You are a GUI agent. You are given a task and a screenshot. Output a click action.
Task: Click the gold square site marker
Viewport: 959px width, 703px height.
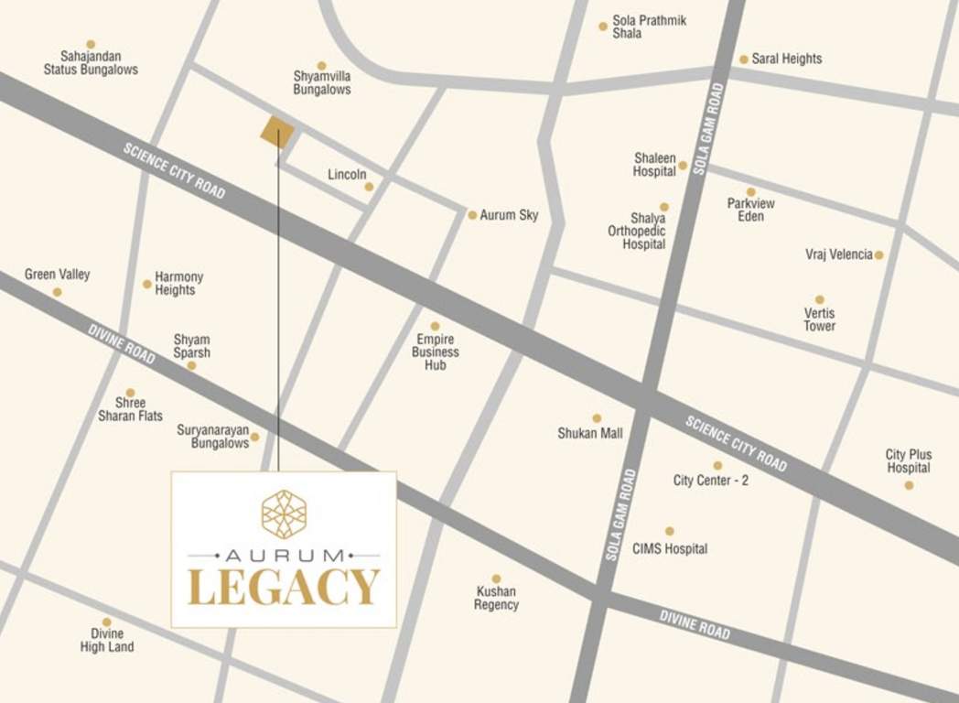coord(277,133)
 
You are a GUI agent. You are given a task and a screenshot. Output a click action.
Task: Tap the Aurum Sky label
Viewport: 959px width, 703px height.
coord(509,215)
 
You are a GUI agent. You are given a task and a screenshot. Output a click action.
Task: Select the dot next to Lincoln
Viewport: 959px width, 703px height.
coord(369,187)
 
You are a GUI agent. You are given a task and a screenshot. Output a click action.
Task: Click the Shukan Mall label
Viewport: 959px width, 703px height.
coord(590,433)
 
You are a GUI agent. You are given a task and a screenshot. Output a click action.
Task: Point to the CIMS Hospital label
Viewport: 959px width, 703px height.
coord(670,549)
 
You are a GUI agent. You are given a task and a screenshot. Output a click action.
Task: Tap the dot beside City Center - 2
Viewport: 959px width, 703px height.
coord(717,466)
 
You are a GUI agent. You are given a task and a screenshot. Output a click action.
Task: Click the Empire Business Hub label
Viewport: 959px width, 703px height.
coord(436,351)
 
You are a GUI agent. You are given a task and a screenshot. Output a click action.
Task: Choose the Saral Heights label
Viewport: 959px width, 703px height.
coord(787,59)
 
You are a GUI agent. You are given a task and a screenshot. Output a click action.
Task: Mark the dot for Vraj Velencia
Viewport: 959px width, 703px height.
coord(878,255)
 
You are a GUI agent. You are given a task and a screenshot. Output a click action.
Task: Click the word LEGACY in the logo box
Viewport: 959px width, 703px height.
coord(284,588)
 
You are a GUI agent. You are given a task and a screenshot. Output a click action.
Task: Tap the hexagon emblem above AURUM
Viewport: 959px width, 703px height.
coord(284,514)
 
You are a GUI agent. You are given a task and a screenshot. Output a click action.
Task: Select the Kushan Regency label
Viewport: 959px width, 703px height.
coord(496,598)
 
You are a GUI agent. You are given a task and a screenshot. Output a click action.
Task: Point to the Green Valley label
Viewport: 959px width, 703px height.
coord(58,275)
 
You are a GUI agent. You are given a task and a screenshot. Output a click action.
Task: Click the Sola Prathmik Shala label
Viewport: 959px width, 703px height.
coord(649,27)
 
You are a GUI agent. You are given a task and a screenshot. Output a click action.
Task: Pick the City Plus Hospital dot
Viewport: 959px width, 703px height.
coord(909,485)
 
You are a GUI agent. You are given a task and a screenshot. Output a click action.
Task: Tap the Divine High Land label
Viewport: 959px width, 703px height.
coord(107,640)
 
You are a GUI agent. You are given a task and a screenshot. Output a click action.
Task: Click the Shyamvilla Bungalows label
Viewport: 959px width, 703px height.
coord(321,83)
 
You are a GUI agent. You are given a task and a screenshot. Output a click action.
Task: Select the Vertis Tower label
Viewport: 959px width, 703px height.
coord(819,319)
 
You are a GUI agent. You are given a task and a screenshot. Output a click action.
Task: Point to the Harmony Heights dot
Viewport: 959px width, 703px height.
coord(146,284)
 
